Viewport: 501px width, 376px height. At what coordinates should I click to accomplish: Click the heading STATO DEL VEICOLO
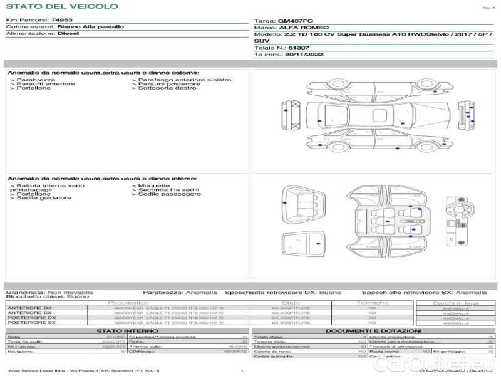pos(61,7)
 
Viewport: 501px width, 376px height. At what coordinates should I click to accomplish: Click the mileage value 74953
pos(61,20)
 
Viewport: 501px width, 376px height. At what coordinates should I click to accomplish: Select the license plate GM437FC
pos(295,21)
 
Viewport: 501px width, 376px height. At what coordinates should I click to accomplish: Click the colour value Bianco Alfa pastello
pos(90,27)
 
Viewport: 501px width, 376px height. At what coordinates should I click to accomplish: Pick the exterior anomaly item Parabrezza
pos(36,80)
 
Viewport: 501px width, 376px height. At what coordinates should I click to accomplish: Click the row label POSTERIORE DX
pos(31,318)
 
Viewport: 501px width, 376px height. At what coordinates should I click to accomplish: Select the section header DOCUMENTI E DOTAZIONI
pos(373,331)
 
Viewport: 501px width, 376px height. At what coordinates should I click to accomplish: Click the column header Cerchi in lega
pos(455,303)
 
